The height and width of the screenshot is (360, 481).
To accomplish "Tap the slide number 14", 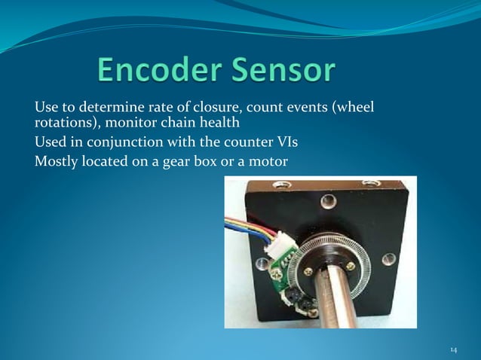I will pos(453,349).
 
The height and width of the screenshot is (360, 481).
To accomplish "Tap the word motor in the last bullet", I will pos(270,159).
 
